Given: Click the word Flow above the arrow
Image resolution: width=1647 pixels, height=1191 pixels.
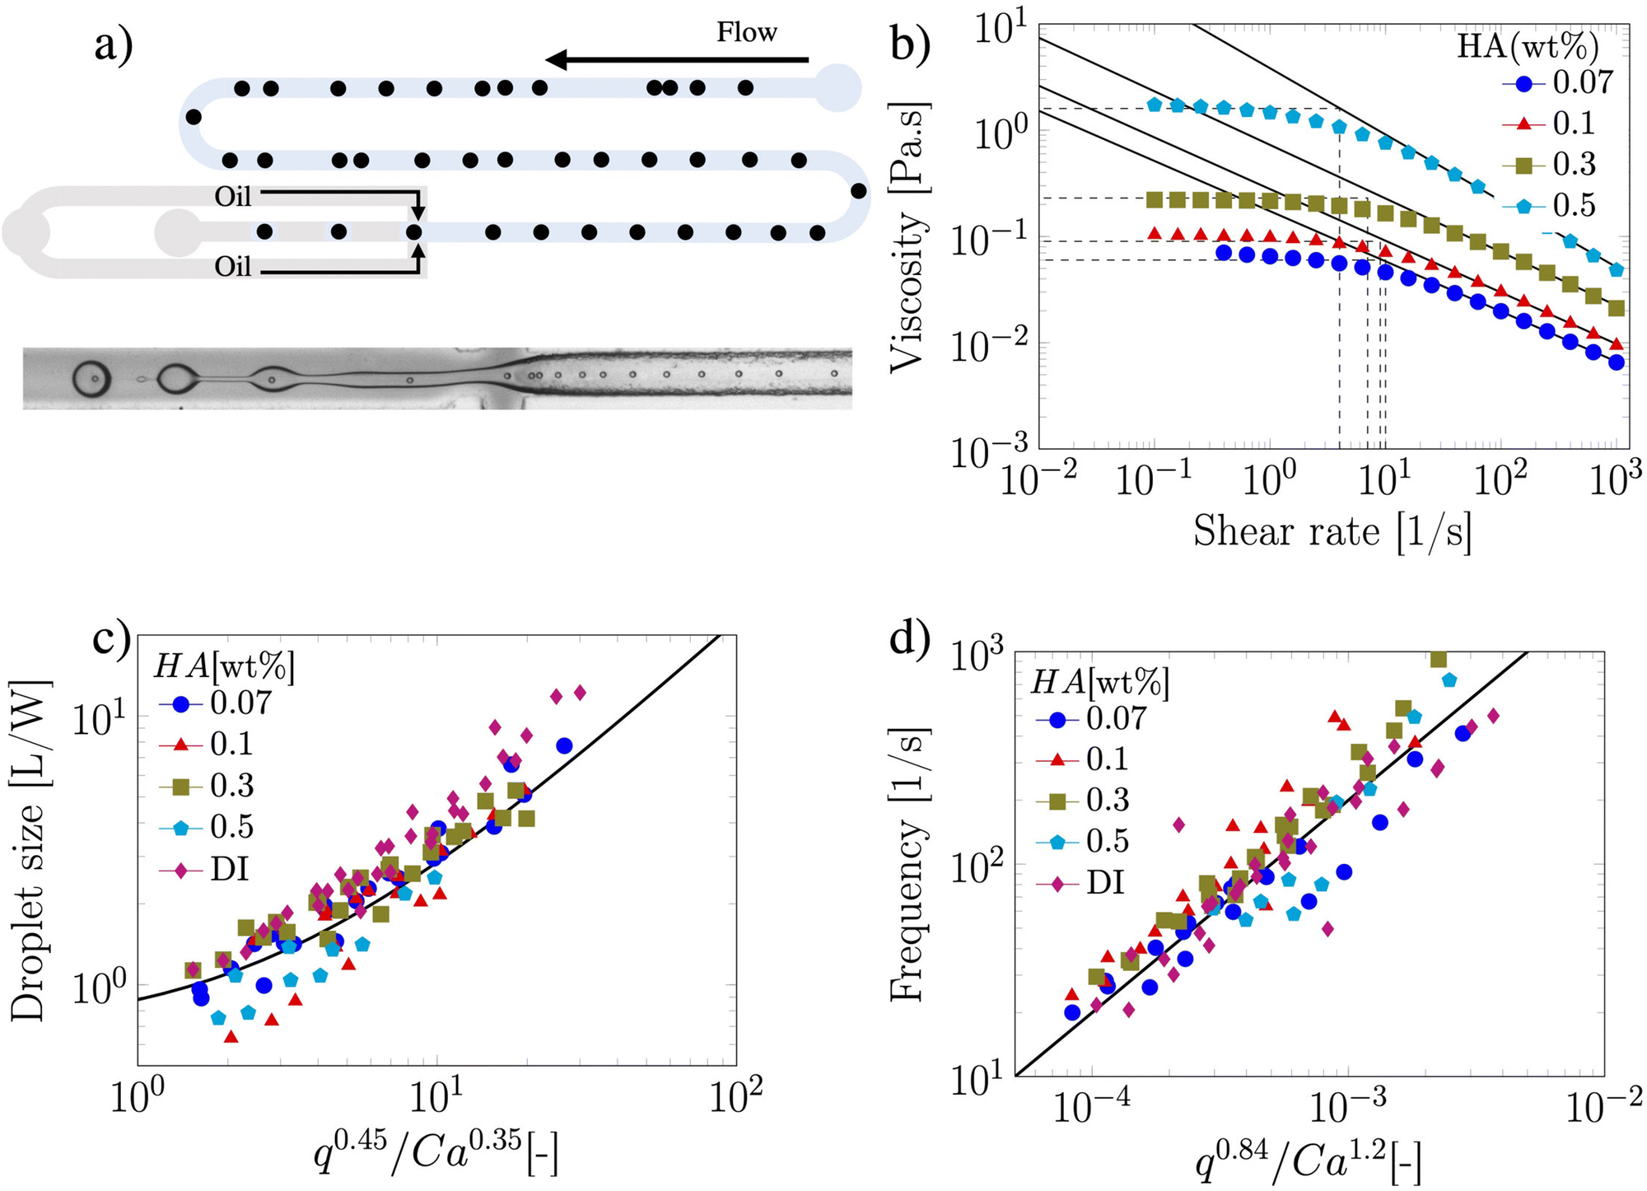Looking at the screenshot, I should click(x=746, y=32).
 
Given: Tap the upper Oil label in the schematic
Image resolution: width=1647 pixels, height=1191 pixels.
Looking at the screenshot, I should click(x=232, y=197).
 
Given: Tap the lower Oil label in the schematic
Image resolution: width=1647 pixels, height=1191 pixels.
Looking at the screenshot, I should click(x=232, y=267).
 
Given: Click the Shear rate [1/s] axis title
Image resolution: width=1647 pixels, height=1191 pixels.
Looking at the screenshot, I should click(x=1332, y=531).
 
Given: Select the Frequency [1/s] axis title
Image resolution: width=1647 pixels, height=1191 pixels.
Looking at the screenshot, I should click(x=908, y=865).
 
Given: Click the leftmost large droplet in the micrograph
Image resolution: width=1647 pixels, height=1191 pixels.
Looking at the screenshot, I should click(x=91, y=378).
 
